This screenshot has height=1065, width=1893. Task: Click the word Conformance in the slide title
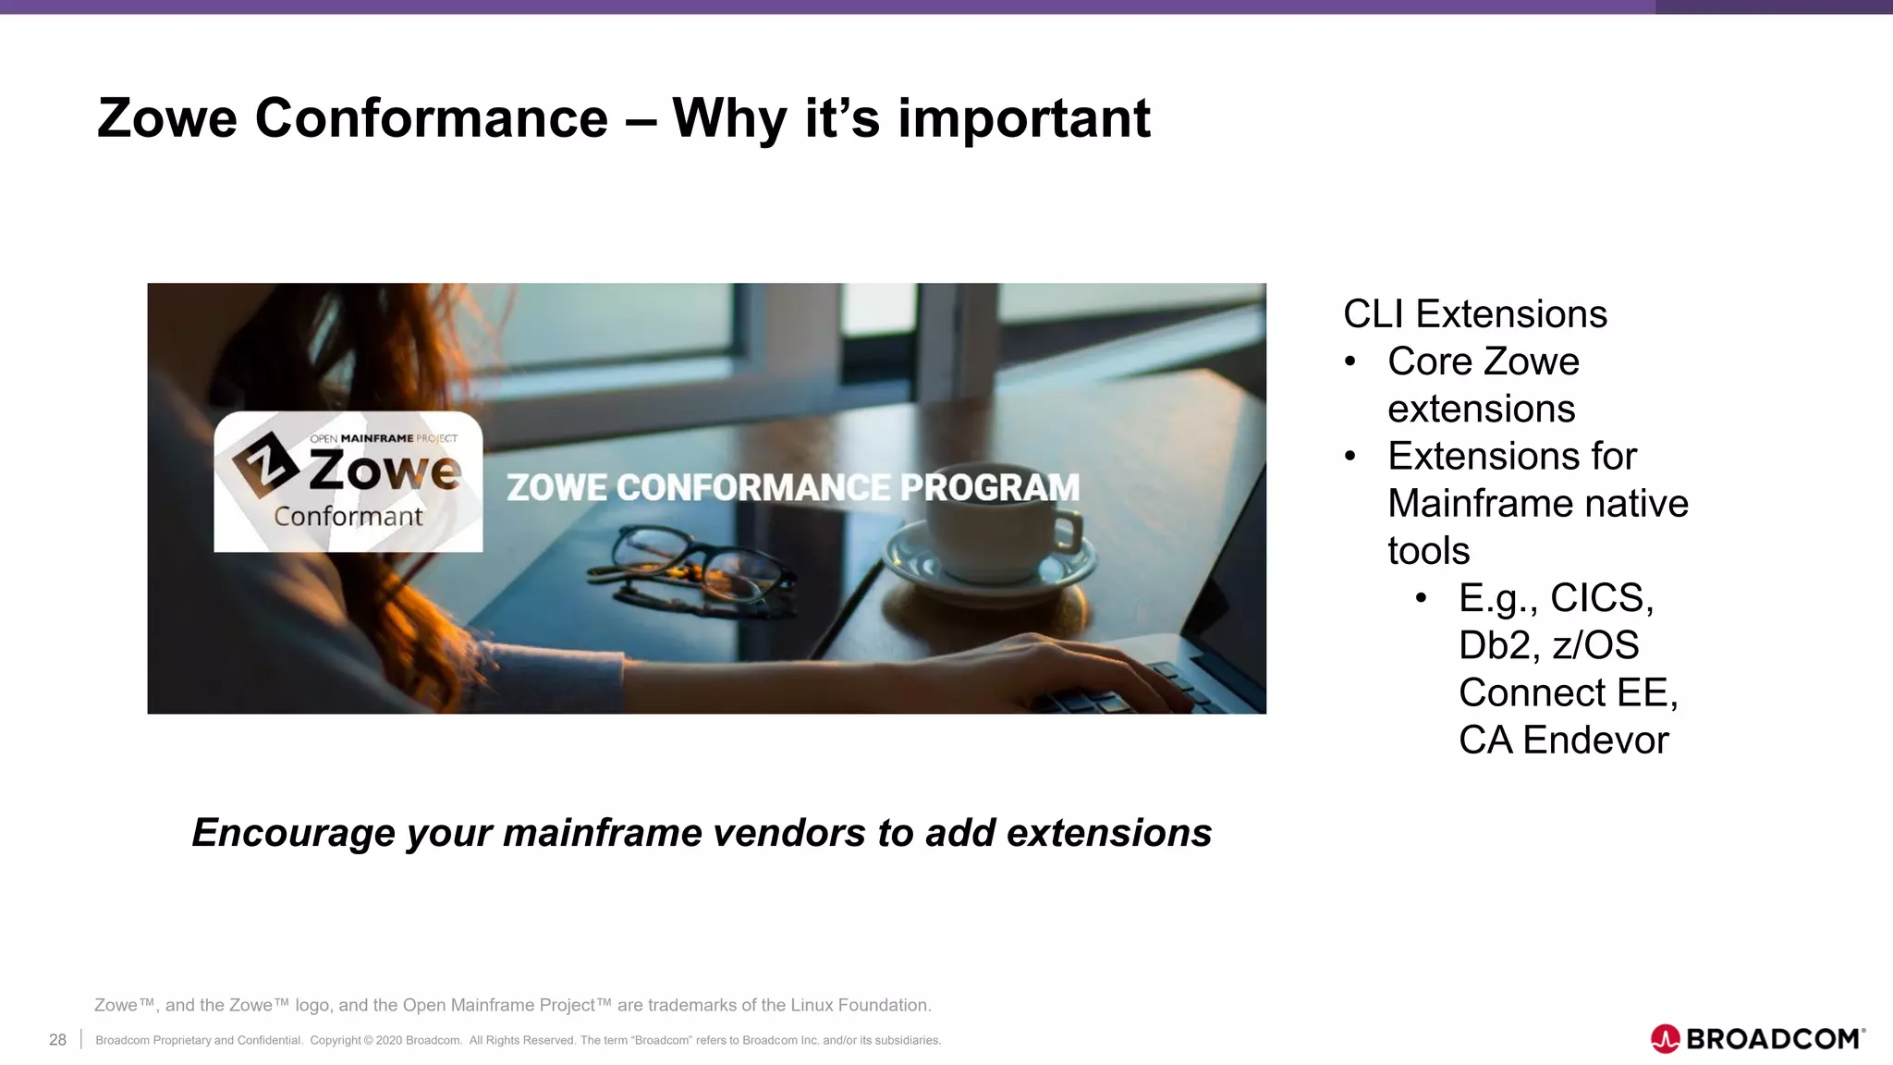click(x=431, y=118)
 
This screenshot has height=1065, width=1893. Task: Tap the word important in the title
click(x=1024, y=118)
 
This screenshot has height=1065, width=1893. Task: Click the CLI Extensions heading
click(x=1474, y=314)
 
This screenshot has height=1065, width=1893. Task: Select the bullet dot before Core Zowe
click(x=1350, y=361)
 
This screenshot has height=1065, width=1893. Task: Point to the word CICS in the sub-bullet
click(x=1600, y=598)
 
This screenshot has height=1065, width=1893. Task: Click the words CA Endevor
click(x=1563, y=740)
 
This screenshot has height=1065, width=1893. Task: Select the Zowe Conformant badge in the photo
click(x=348, y=482)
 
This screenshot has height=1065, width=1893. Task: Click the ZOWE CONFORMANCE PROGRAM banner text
click(x=792, y=487)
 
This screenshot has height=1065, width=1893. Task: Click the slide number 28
click(x=57, y=1040)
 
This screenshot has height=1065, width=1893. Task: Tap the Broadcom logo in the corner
click(x=1756, y=1039)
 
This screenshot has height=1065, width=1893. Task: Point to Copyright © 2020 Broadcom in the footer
click(x=385, y=1040)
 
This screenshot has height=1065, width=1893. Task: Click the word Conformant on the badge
click(x=348, y=517)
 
